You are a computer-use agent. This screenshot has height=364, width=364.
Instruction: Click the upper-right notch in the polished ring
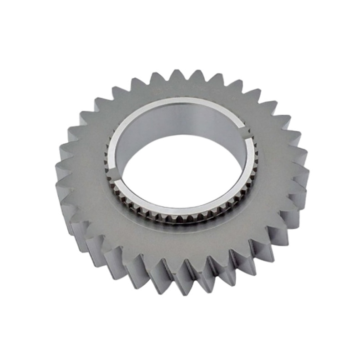(x=246, y=131)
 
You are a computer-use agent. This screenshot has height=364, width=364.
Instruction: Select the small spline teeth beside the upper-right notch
(x=253, y=141)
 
